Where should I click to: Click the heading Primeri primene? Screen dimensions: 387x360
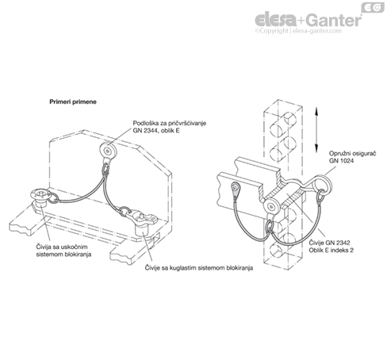[x=73, y=101]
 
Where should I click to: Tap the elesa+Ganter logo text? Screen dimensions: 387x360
[x=308, y=21]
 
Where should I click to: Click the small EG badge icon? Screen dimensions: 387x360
[x=373, y=7]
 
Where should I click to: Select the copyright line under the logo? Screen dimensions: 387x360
[x=298, y=31]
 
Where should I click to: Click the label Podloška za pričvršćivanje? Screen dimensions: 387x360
[x=170, y=123]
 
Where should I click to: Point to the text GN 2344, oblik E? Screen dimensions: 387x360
[x=156, y=131]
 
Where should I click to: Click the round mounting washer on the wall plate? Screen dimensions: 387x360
[x=108, y=151]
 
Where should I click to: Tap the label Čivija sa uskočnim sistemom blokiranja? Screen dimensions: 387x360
[x=63, y=251]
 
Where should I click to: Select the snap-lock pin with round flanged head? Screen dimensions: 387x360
[x=40, y=199]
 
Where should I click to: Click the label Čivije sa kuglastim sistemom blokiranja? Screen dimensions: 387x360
[x=199, y=268]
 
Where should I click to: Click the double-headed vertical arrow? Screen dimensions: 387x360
[x=316, y=130]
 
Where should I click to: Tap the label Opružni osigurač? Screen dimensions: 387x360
[x=352, y=153]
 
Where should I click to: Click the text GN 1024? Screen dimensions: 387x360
[x=341, y=161]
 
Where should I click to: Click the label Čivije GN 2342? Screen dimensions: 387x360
[x=329, y=243]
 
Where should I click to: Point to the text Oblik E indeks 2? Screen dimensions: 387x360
[x=331, y=250]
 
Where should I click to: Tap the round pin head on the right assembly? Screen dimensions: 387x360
[x=271, y=207]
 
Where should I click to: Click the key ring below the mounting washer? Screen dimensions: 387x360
[x=105, y=169]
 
